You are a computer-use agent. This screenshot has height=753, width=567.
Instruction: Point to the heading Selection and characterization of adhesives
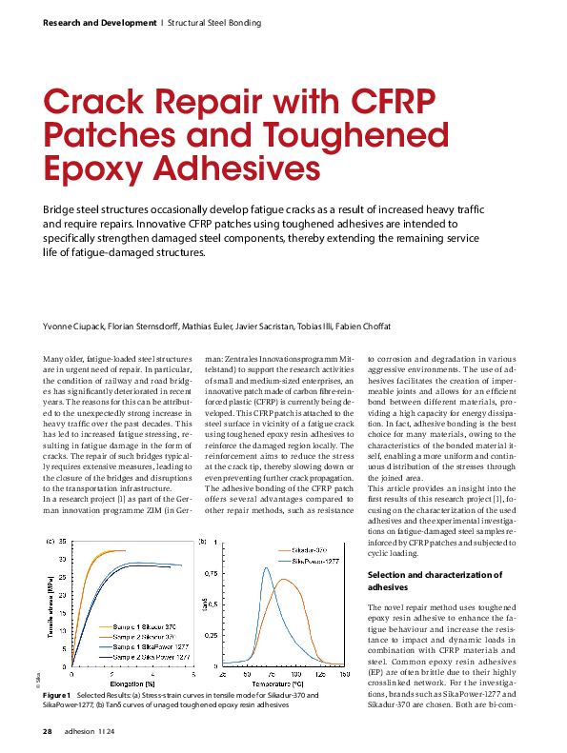(x=435, y=582)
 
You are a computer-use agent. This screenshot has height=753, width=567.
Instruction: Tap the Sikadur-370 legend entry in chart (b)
(x=305, y=550)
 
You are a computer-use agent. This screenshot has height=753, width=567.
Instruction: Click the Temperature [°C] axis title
(x=277, y=684)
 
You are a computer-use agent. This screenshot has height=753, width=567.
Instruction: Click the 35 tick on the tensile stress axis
(x=63, y=542)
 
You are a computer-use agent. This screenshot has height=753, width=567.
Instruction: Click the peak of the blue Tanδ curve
(x=267, y=568)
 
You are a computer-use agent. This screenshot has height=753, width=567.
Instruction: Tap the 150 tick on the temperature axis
(x=343, y=674)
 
